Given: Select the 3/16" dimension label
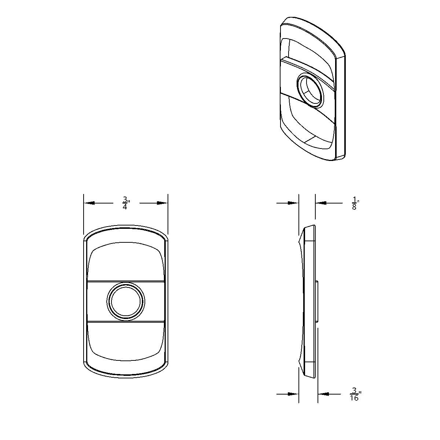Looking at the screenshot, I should click(x=355, y=394).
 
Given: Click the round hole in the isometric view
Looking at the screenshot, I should click(x=310, y=90).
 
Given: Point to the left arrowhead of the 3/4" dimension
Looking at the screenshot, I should click(x=89, y=203).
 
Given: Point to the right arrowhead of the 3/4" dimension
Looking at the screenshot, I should click(x=162, y=203).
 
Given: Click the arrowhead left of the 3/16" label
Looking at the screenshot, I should click(x=324, y=394).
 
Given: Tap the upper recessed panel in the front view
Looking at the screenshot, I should click(x=125, y=262).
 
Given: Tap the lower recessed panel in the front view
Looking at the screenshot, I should click(x=125, y=339).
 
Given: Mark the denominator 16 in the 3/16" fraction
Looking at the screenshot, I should click(x=354, y=398).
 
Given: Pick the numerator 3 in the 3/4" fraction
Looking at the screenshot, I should click(x=125, y=199).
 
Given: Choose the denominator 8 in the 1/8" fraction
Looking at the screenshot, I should click(x=354, y=207).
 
